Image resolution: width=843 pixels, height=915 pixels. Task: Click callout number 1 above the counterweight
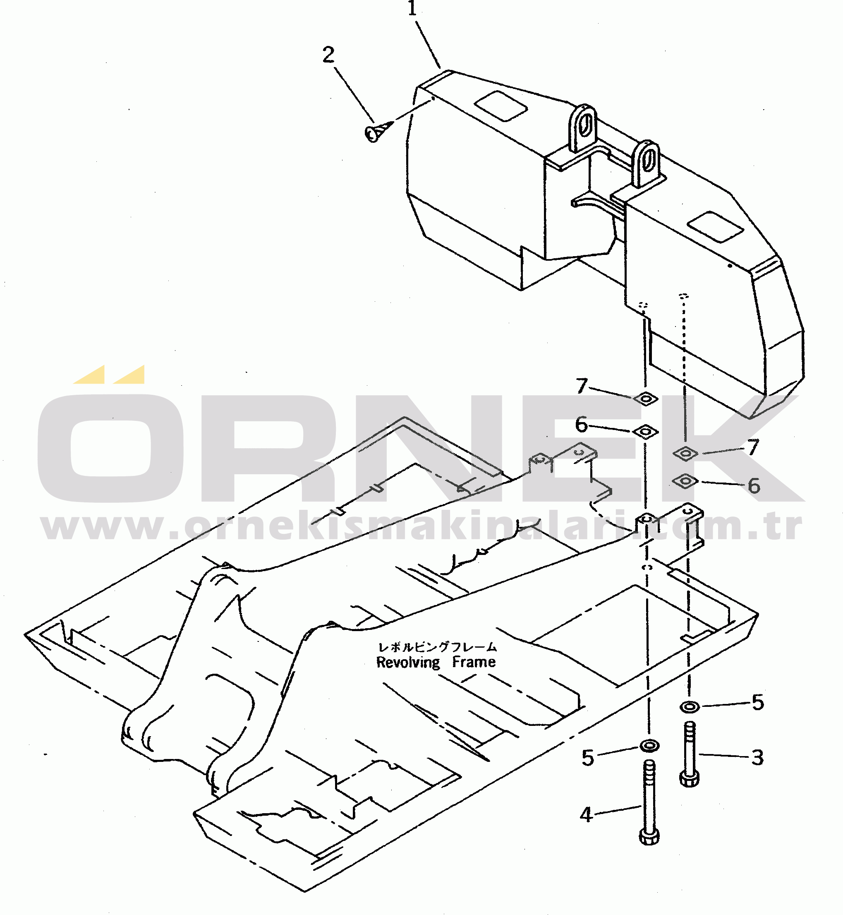[x=412, y=8]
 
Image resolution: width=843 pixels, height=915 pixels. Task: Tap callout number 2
[x=328, y=55]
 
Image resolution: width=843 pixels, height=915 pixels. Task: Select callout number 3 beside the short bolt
[x=757, y=758]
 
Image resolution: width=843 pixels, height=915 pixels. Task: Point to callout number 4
[x=586, y=814]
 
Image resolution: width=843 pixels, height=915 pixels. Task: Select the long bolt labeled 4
[x=649, y=802]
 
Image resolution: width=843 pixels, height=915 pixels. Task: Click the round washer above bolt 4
[x=649, y=746]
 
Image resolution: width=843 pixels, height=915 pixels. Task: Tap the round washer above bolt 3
[x=689, y=707]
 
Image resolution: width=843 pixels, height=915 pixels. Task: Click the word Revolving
[x=408, y=663]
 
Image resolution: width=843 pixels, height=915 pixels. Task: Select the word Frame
[x=474, y=662]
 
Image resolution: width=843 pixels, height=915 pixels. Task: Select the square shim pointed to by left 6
[x=644, y=431]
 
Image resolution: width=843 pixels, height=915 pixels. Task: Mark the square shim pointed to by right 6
[x=685, y=481]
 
